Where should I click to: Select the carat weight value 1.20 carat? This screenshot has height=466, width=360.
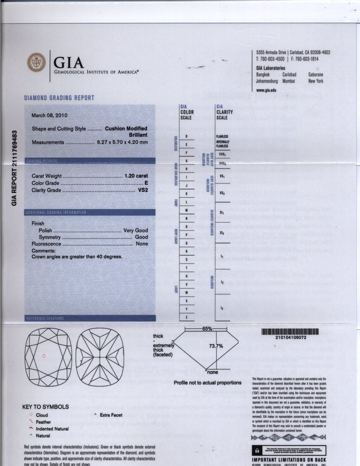[x=136, y=175]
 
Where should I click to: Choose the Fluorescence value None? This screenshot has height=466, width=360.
[x=142, y=243]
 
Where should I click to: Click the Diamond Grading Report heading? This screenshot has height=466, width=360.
[x=59, y=98]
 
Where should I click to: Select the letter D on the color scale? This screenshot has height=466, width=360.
[x=186, y=136]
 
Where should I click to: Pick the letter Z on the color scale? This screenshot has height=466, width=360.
[x=186, y=317]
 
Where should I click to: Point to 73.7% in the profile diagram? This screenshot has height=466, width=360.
[x=215, y=346]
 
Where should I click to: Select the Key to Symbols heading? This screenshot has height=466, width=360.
[x=46, y=407]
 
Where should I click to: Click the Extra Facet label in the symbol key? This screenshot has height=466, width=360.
[x=111, y=415]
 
